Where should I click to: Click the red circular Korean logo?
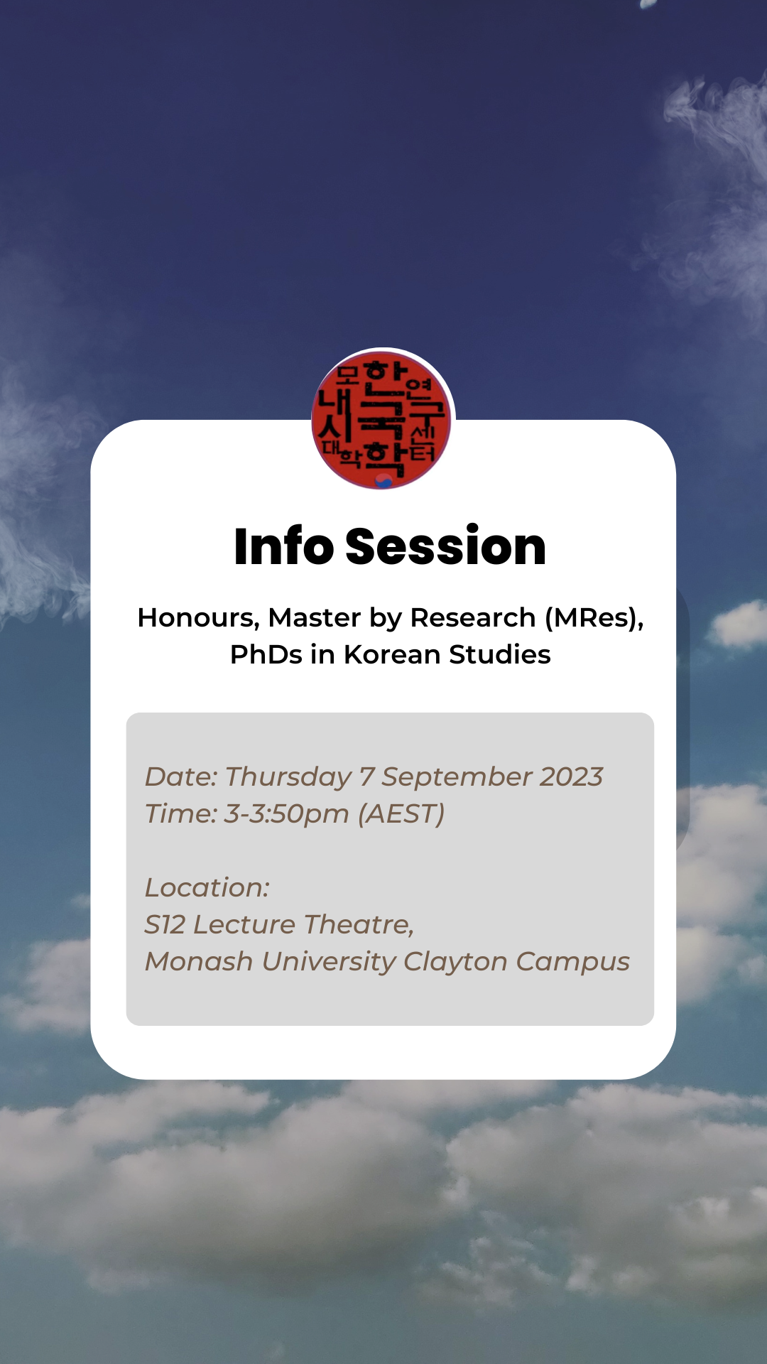pyautogui.click(x=383, y=419)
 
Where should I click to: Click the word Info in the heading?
pyautogui.click(x=284, y=546)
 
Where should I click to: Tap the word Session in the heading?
pyautogui.click(x=446, y=546)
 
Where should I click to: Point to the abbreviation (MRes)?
pyautogui.click(x=594, y=619)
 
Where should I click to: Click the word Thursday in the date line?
pyautogui.click(x=288, y=778)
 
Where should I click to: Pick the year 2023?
pyautogui.click(x=572, y=776)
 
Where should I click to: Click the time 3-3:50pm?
pyautogui.click(x=286, y=814)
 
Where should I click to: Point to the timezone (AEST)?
pyautogui.click(x=401, y=814)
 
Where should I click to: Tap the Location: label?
pyautogui.click(x=207, y=888)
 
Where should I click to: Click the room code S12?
pyautogui.click(x=165, y=925)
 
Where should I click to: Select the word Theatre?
pyautogui.click(x=359, y=925)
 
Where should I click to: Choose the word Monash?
pyautogui.click(x=199, y=962)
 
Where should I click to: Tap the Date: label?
pyautogui.click(x=181, y=777)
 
